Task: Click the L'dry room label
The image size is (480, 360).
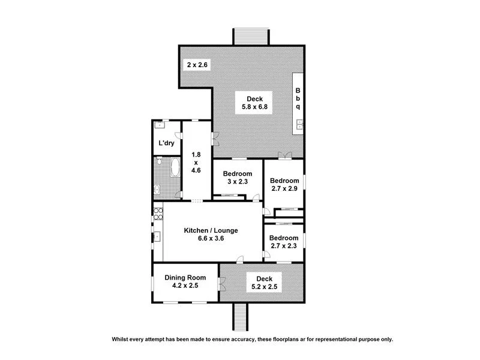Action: click(x=165, y=144)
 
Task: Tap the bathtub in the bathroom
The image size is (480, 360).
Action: click(x=175, y=167)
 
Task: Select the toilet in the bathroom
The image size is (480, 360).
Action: click(x=157, y=190)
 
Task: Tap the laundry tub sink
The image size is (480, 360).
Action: click(x=159, y=125)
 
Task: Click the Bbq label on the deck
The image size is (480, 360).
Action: click(x=298, y=99)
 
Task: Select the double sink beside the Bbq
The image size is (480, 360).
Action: click(x=298, y=125)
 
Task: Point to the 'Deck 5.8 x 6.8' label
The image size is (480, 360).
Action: click(x=254, y=103)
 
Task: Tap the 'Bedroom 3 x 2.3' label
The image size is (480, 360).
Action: click(x=238, y=178)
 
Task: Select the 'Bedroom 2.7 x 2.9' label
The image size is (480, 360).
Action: click(x=284, y=185)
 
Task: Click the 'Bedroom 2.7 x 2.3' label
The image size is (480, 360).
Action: click(x=284, y=241)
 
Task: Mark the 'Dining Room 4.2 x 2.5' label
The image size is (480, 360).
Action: click(x=185, y=281)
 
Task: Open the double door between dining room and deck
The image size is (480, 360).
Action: click(x=220, y=281)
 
